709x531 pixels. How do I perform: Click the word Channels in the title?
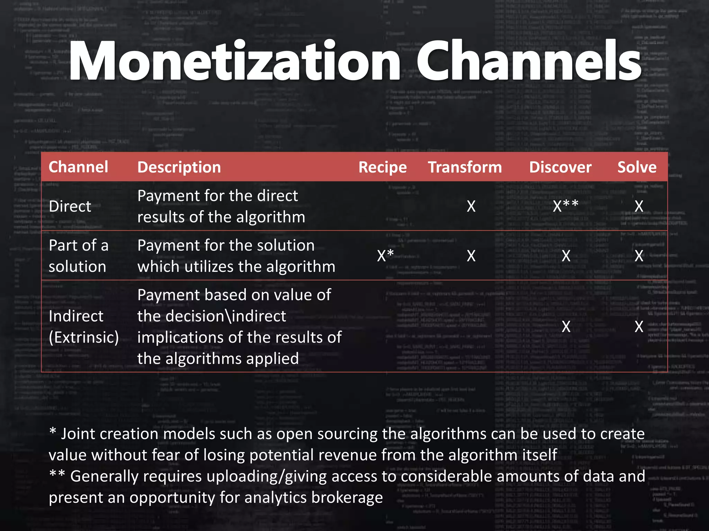click(530, 62)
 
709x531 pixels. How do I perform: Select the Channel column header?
click(78, 167)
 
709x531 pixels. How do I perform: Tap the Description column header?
click(179, 167)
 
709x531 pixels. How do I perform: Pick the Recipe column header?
click(383, 167)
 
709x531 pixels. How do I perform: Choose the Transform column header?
click(465, 167)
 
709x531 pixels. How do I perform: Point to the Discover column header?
click(560, 167)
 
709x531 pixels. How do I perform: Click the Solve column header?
click(637, 167)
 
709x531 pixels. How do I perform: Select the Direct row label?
click(70, 206)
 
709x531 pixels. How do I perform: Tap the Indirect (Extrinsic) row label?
click(83, 326)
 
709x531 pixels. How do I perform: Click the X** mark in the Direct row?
click(565, 206)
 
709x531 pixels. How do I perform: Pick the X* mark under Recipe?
click(385, 255)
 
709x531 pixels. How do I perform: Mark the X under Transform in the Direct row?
click(471, 206)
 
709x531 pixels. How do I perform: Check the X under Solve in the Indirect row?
click(639, 326)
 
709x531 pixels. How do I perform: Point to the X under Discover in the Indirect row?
click(566, 326)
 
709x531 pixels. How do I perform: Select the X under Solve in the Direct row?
click(639, 206)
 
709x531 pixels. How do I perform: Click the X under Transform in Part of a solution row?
click(471, 256)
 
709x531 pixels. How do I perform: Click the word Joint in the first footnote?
click(78, 434)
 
